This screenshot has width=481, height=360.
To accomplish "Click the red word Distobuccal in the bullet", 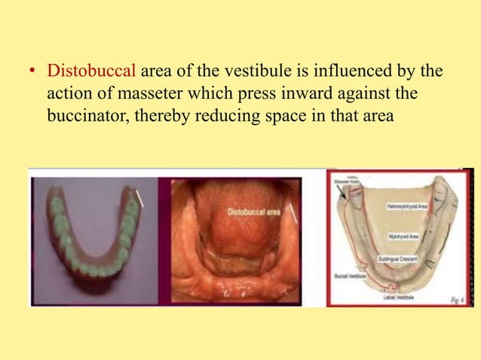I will pyautogui.click(x=91, y=73).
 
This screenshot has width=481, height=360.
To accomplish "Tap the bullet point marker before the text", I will pyautogui.click(x=32, y=74).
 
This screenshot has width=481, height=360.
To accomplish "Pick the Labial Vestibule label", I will pyautogui.click(x=398, y=297).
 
